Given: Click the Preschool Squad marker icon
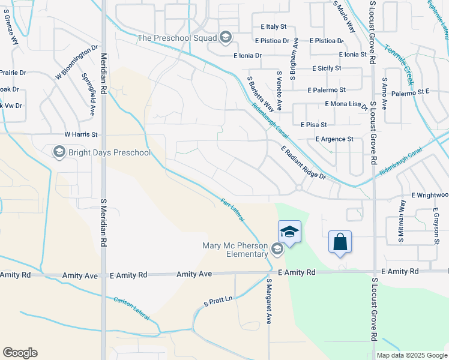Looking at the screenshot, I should click(x=225, y=38).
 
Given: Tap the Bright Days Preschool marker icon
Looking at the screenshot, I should click(x=59, y=152).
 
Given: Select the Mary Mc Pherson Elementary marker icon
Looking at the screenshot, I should click(x=277, y=248).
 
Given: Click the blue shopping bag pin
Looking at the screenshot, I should click(x=340, y=242).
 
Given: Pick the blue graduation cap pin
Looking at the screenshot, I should click(x=289, y=232).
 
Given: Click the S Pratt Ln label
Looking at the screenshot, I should click(x=218, y=301).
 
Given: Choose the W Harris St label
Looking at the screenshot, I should click(x=81, y=135).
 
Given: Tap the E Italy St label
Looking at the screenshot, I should click(x=274, y=27).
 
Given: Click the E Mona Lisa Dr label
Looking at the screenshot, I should click(x=346, y=105).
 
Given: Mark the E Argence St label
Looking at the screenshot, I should click(x=334, y=139).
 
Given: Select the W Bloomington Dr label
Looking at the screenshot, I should click(x=77, y=62).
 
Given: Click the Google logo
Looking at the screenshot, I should click(x=20, y=353).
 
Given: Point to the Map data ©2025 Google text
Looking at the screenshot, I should click(x=411, y=355).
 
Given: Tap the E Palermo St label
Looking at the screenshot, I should click(x=326, y=90).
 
